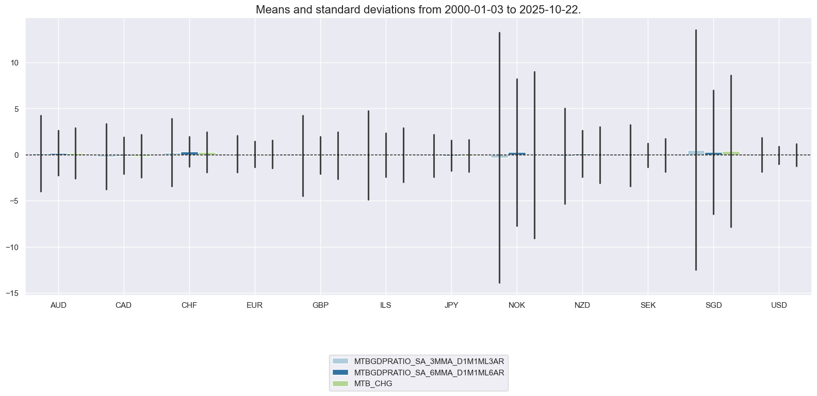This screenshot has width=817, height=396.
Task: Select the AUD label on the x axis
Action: coord(58,305)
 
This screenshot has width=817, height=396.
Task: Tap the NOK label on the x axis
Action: coord(516,305)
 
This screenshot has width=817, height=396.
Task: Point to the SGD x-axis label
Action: coord(713,305)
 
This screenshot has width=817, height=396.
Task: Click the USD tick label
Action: coord(779,305)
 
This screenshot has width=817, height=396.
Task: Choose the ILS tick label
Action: coord(385,305)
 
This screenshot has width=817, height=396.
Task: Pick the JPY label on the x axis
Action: coord(451,305)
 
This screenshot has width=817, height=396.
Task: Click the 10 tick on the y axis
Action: coord(14,63)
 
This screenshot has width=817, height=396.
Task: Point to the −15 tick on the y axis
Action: coord(12,293)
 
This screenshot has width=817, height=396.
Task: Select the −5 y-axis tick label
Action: coord(14,201)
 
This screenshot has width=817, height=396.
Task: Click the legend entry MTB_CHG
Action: coord(373,384)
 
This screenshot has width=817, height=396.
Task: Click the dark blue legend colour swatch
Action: coord(340,372)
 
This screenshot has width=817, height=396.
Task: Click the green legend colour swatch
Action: coord(340,384)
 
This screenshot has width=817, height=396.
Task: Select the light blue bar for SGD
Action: coord(696,153)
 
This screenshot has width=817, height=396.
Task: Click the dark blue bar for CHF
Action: coord(189,153)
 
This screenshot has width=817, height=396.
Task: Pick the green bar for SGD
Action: coord(731,153)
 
